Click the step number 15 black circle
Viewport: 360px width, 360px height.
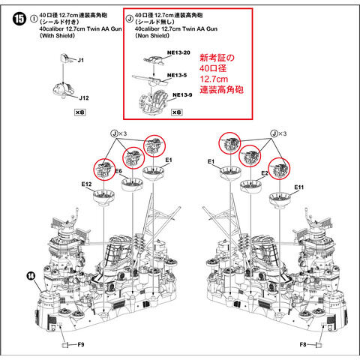19,19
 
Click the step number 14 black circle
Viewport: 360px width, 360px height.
31,276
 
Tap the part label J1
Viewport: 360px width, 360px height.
80,60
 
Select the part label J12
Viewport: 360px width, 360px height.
84,98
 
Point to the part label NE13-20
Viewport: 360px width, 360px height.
178,52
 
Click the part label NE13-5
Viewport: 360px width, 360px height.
177,75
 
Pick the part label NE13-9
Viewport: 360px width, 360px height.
182,94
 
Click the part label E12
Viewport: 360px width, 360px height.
86,184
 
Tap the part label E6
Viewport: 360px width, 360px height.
118,171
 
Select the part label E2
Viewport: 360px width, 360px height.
265,173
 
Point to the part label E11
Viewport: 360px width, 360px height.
299,187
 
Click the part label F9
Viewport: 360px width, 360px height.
81,344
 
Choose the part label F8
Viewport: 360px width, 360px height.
303,345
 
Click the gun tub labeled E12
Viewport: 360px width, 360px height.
103,196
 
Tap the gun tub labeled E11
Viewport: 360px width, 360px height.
280,199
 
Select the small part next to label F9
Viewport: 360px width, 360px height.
65,345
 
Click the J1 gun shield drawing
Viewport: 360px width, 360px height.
65,58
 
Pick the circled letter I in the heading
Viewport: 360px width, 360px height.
34,19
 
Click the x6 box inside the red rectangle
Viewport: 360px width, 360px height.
177,112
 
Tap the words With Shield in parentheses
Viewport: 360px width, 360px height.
58,36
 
